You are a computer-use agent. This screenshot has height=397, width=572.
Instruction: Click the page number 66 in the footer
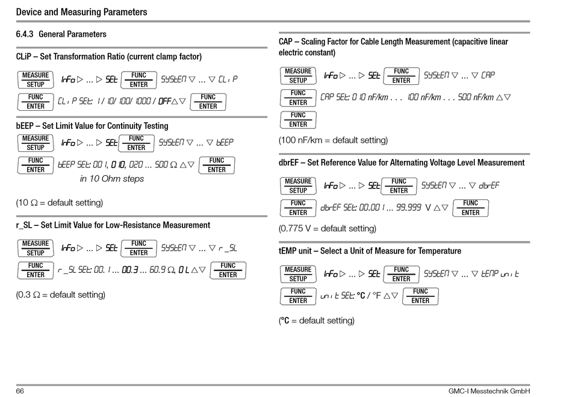pos(20,391)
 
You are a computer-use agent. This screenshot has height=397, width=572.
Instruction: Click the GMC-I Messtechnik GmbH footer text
pos(489,391)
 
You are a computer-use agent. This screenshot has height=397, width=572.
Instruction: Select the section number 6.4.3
pos(25,34)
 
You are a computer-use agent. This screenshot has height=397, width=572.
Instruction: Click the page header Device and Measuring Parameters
pos(81,12)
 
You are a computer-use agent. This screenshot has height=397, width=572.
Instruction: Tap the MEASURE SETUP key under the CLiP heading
pos(36,80)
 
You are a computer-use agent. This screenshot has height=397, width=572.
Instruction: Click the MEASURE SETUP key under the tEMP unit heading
pos(298,274)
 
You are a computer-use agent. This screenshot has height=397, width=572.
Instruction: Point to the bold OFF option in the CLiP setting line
pos(164,101)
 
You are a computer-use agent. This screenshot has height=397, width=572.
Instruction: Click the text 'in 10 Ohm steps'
pos(112,179)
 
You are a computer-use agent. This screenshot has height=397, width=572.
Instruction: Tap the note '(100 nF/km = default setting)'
pos(333,140)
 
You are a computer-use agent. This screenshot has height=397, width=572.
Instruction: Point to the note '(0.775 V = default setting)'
pos(327,229)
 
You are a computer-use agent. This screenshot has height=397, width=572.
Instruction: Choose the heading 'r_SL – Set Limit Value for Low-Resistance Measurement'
pos(113,225)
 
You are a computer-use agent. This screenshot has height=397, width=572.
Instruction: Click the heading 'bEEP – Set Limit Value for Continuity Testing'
pos(92,126)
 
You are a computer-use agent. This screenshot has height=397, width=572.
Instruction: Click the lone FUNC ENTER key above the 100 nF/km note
pos(298,119)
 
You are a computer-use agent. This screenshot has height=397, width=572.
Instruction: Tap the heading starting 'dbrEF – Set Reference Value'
pos(401,163)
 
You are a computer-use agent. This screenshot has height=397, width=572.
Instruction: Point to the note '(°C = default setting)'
pos(317,320)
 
